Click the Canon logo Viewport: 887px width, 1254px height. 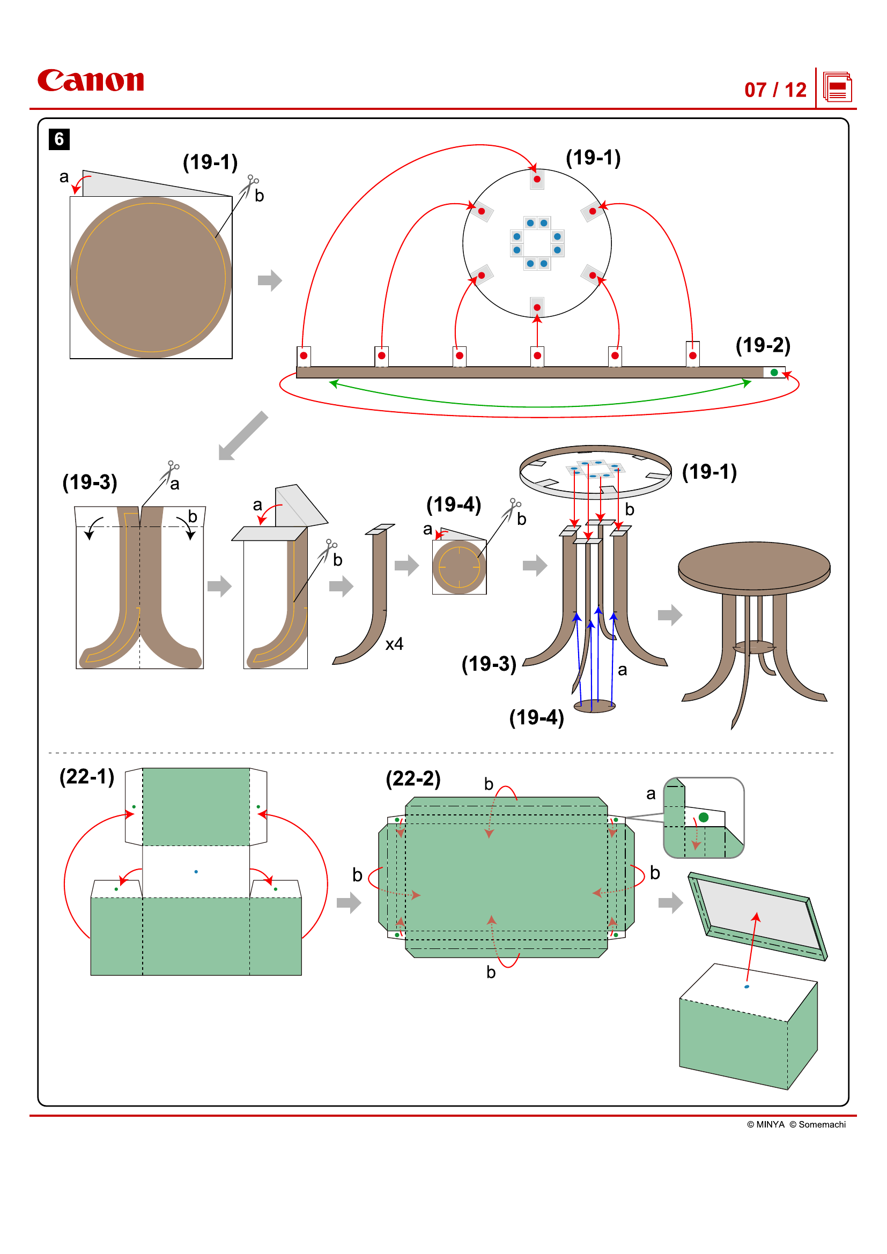pyautogui.click(x=91, y=80)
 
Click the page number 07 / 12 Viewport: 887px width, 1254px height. pyautogui.click(x=775, y=90)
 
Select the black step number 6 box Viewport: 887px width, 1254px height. pyautogui.click(x=59, y=139)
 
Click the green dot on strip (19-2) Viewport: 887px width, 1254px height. pyautogui.click(x=774, y=373)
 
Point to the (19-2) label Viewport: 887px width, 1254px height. pyautogui.click(x=763, y=345)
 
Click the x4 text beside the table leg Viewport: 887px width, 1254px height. pyautogui.click(x=394, y=644)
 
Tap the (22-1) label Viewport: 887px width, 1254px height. pyautogui.click(x=87, y=776)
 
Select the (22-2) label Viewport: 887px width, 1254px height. pyautogui.click(x=413, y=778)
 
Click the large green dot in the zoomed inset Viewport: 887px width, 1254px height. pyautogui.click(x=704, y=818)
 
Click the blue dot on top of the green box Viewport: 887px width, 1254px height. pyautogui.click(x=746, y=987)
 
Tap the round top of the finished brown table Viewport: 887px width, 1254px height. pyautogui.click(x=753, y=565)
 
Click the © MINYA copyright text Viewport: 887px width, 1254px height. pyautogui.click(x=765, y=1125)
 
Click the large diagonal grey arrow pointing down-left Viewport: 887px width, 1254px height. pyautogui.click(x=243, y=436)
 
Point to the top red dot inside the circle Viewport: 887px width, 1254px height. pyautogui.click(x=537, y=179)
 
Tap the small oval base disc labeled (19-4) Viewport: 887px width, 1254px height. pyautogui.click(x=595, y=706)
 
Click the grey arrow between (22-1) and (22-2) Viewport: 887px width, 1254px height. pyautogui.click(x=349, y=903)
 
